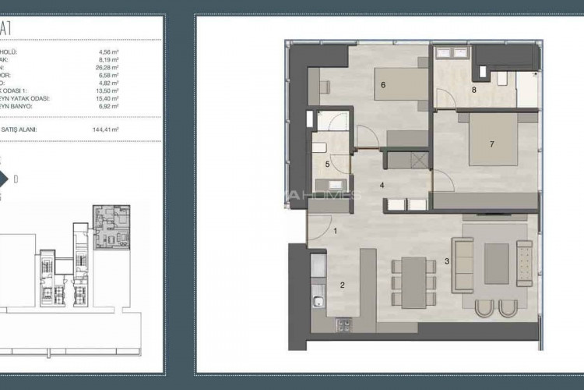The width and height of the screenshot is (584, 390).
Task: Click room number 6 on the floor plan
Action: tap(383, 85)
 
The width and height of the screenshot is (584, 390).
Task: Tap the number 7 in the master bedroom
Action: tap(491, 144)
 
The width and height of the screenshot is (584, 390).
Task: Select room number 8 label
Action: tap(473, 90)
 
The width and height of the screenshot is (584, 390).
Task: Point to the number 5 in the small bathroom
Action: tap(327, 165)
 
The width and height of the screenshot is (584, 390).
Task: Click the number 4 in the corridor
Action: tap(382, 185)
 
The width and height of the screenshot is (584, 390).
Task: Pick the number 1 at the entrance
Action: tap(335, 230)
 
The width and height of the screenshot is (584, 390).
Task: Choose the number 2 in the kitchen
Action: tap(342, 285)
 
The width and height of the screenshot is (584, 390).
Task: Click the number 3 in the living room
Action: tap(446, 261)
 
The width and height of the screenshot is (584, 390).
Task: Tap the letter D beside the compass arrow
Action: tap(16, 179)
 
